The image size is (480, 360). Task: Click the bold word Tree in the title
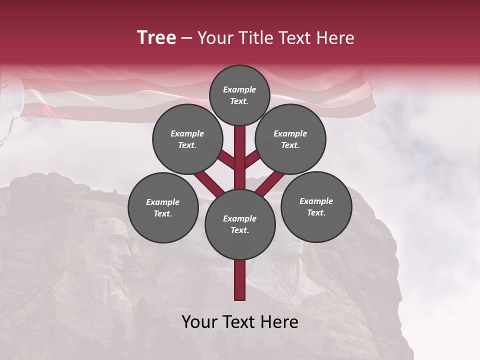156,38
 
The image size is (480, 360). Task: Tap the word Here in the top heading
336,38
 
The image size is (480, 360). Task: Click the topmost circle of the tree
239,95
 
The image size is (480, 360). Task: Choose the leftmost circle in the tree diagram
163,208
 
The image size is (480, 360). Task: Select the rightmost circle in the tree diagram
316,206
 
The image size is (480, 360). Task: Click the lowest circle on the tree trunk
240,224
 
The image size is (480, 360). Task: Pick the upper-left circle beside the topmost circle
187,139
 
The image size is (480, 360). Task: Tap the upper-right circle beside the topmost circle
290,139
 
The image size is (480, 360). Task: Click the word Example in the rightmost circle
316,201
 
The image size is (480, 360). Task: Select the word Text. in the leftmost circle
163,214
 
